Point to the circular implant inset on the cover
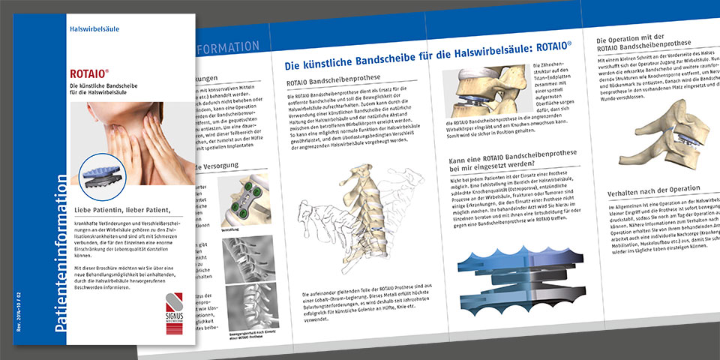103,176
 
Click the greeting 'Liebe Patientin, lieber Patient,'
129,209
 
